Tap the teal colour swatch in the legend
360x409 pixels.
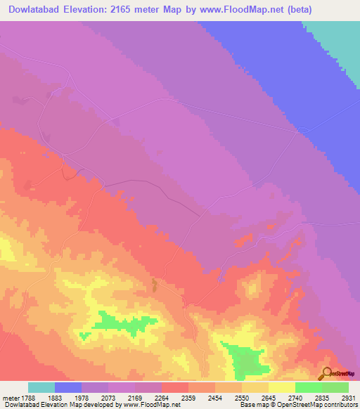(41, 388)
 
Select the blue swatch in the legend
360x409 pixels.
(68, 388)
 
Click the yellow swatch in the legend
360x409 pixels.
(282, 388)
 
